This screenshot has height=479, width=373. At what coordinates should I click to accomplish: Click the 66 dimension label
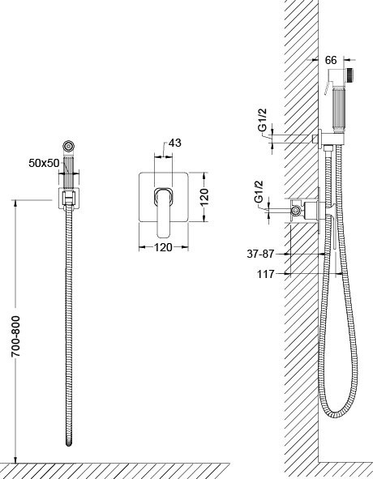click(x=331, y=60)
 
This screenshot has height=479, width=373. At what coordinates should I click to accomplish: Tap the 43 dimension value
click(x=175, y=143)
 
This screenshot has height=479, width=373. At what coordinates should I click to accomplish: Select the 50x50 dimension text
click(x=44, y=163)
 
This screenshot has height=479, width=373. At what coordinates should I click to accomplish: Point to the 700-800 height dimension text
click(x=15, y=336)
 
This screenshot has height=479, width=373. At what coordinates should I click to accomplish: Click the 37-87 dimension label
click(x=260, y=254)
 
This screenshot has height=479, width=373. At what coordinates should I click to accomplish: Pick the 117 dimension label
click(x=266, y=274)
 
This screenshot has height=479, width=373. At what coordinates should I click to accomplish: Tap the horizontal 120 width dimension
click(x=163, y=247)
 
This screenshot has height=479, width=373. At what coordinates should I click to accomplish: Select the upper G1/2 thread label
click(x=263, y=120)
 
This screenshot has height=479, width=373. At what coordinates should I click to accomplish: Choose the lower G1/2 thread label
click(x=259, y=192)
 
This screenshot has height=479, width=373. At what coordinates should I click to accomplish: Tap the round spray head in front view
click(x=68, y=146)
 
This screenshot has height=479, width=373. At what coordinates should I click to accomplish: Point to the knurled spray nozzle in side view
click(x=350, y=75)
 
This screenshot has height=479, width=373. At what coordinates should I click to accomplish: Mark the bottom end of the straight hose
click(x=69, y=444)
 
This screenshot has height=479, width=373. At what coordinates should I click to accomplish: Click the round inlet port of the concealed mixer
click(x=295, y=210)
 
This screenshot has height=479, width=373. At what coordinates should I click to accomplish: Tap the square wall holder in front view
click(x=69, y=199)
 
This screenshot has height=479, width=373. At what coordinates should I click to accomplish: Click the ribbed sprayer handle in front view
click(x=68, y=171)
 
